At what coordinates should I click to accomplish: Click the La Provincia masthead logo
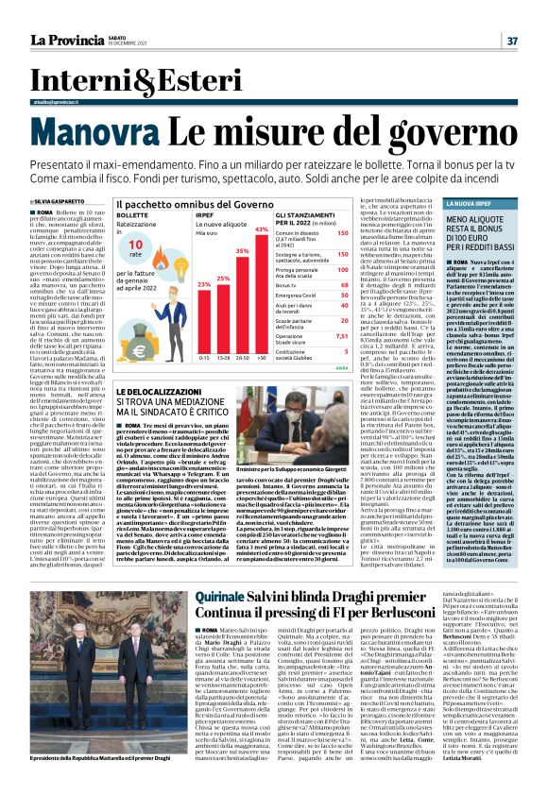click(x=67, y=41)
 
